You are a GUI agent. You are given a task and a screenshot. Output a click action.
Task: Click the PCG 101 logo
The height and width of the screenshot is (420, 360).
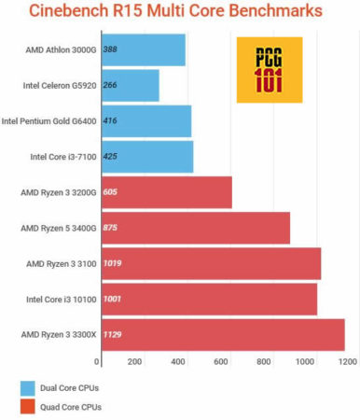pyautogui.click(x=269, y=70)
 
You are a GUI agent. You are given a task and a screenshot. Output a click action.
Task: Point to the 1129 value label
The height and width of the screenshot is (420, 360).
pyautogui.click(x=115, y=334)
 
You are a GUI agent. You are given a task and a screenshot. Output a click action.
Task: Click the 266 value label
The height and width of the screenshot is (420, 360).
pyautogui.click(x=110, y=85)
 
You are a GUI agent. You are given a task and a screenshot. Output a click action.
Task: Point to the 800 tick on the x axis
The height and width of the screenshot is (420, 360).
pyautogui.click(x=264, y=362)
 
